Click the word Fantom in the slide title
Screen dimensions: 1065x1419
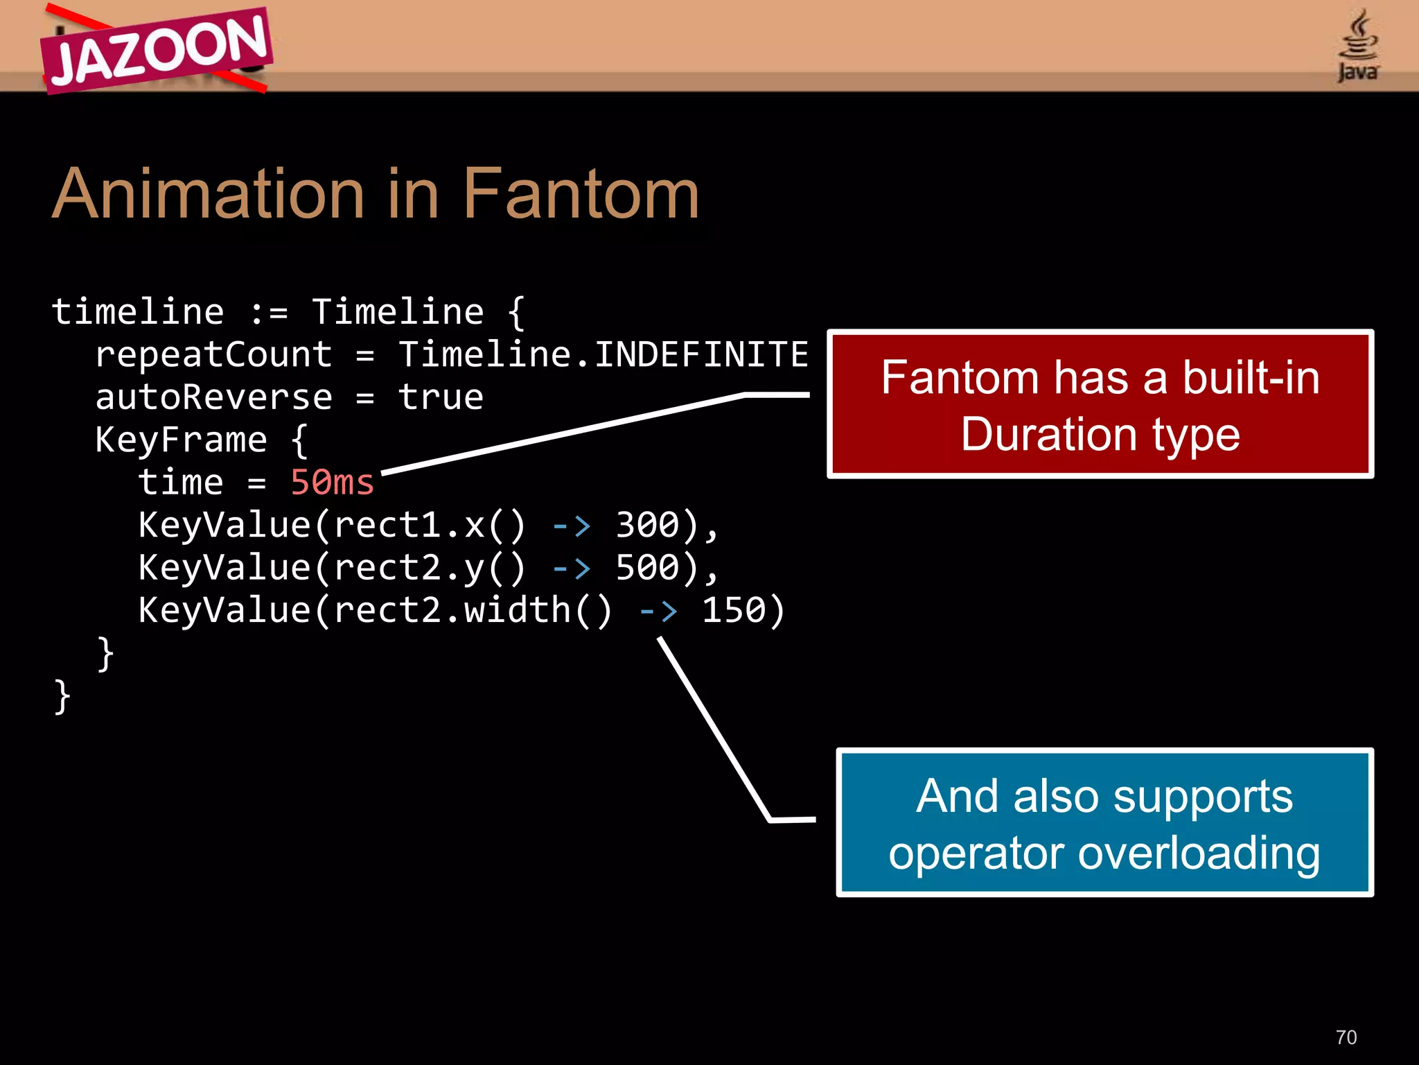click(581, 194)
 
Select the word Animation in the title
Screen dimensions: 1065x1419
click(208, 194)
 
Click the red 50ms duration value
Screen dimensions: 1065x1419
click(332, 483)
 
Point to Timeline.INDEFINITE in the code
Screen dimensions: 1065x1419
click(603, 354)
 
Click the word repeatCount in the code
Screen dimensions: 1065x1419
click(213, 355)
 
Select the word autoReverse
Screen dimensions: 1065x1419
click(213, 397)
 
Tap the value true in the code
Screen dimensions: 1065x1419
click(441, 397)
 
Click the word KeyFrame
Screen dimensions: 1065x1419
click(181, 440)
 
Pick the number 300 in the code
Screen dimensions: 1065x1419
click(647, 525)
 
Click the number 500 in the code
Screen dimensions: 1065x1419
click(647, 568)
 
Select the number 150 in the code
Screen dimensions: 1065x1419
click(734, 610)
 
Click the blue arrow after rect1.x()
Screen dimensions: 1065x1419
click(572, 526)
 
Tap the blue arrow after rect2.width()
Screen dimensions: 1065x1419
click(658, 611)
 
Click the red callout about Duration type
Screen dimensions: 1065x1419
click(1100, 405)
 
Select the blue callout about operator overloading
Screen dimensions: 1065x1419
click(1104, 822)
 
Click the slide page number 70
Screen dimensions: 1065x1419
click(1346, 1037)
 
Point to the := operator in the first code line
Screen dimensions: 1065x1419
click(268, 313)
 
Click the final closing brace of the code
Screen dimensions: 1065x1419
click(62, 696)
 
